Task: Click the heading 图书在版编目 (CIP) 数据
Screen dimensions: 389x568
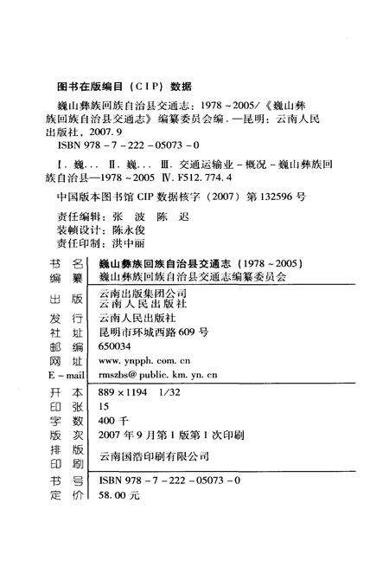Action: pyautogui.click(x=123, y=87)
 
